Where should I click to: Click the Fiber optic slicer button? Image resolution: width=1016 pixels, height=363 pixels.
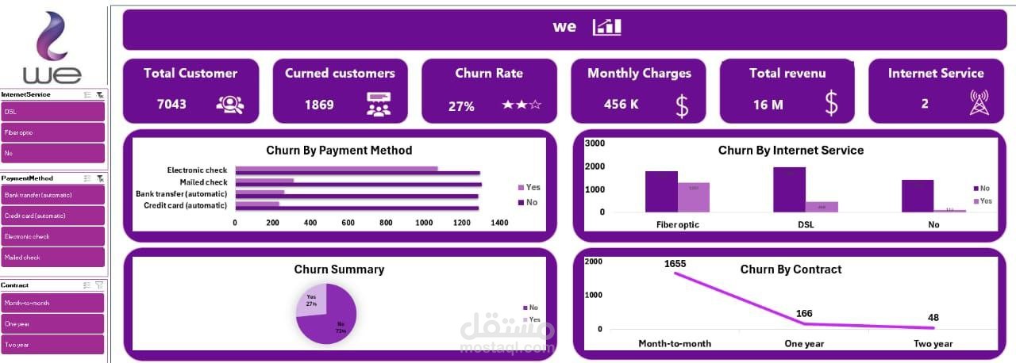(52, 132)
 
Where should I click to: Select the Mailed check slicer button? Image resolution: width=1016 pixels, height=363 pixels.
(52, 257)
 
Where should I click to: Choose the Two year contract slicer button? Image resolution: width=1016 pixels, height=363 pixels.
(52, 344)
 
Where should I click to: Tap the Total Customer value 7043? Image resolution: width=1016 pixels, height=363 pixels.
(171, 104)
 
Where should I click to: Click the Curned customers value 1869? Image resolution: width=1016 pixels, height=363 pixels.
(319, 104)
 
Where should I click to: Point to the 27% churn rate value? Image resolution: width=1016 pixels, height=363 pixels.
(461, 105)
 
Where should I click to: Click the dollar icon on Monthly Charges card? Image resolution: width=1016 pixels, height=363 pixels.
(682, 105)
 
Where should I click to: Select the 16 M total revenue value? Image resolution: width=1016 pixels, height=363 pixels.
(768, 105)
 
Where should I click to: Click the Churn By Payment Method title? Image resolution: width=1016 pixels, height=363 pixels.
(339, 150)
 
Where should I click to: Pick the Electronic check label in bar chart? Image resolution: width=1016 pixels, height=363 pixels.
(197, 170)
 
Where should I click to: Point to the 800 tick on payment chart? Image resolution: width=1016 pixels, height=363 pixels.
(386, 223)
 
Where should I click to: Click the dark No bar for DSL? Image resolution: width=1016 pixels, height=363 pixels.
(789, 189)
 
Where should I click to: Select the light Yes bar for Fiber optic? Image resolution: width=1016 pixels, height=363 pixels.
(693, 197)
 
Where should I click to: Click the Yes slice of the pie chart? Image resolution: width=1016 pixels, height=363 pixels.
(312, 300)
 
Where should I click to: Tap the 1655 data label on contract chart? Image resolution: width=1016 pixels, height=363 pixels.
(675, 263)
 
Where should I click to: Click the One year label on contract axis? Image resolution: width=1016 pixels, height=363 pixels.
(804, 343)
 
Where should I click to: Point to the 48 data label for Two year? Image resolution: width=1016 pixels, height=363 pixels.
(933, 318)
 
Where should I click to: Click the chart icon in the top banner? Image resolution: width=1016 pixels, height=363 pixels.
(607, 27)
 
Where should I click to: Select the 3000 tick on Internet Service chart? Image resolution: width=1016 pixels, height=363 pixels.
(595, 143)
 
